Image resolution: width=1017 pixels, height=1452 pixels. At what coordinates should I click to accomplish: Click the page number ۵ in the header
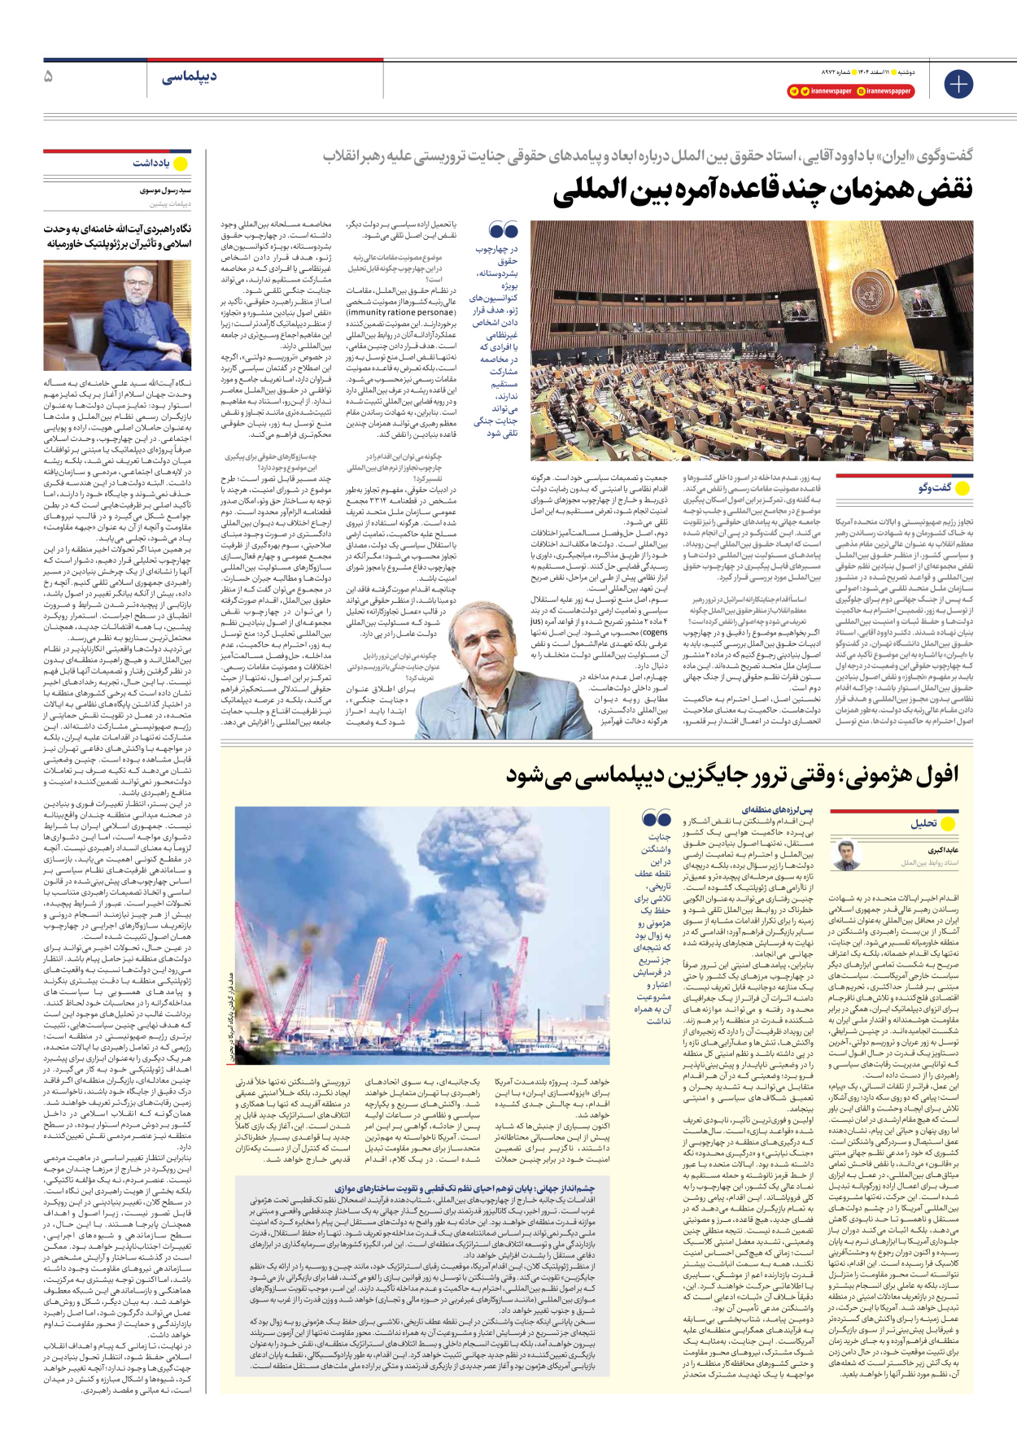48,77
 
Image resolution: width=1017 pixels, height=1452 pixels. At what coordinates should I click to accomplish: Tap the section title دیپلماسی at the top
189,77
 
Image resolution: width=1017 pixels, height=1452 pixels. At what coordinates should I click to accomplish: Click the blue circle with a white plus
958,84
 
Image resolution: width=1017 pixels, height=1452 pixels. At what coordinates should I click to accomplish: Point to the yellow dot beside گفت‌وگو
962,488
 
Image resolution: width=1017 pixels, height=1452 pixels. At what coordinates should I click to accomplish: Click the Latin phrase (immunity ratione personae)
401,312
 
